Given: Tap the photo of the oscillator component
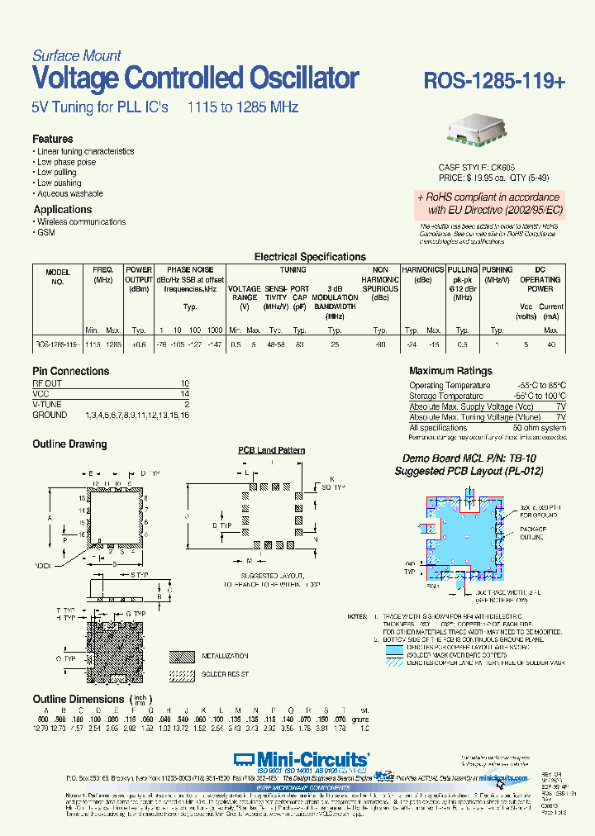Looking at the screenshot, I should coord(478,133).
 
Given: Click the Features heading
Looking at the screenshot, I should coord(53,139).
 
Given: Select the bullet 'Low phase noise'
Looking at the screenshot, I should coord(67,162).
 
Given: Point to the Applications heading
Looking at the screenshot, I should coord(63,210).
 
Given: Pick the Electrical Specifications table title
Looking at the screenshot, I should coord(310,257).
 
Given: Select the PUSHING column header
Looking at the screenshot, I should coord(497,270).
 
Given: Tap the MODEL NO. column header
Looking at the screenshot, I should coord(58,275).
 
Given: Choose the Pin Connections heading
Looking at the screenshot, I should coord(70,372).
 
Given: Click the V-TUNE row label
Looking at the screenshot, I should coord(48,404).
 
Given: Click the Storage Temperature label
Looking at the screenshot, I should coord(446,397).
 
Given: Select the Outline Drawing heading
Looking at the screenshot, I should coord(69,444).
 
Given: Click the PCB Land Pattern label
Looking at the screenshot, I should coord(272,450).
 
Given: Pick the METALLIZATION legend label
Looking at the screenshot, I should coord(226,656).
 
